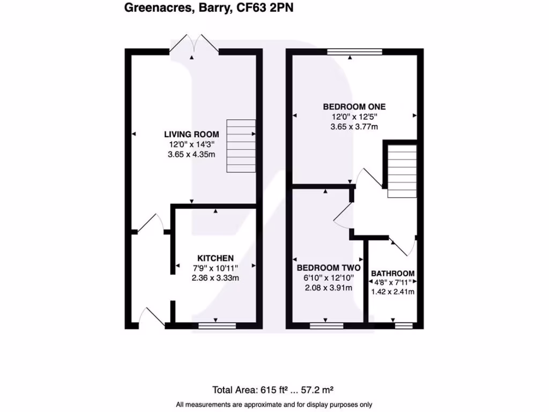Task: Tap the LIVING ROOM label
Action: tap(191, 134)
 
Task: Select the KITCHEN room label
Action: tap(215, 258)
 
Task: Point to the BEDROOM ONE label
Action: tap(354, 106)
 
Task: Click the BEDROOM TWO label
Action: tap(328, 268)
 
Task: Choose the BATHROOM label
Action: tap(393, 273)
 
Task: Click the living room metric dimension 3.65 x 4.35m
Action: tap(191, 154)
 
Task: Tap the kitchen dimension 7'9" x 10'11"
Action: tap(215, 268)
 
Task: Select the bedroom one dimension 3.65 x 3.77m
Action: tap(354, 127)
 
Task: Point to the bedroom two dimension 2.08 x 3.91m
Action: tap(328, 288)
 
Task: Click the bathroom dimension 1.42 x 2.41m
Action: tap(393, 292)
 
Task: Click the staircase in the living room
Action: tap(241, 145)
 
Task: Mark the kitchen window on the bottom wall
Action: tap(217, 325)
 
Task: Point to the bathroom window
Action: tap(404, 325)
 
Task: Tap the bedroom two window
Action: tap(327, 325)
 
